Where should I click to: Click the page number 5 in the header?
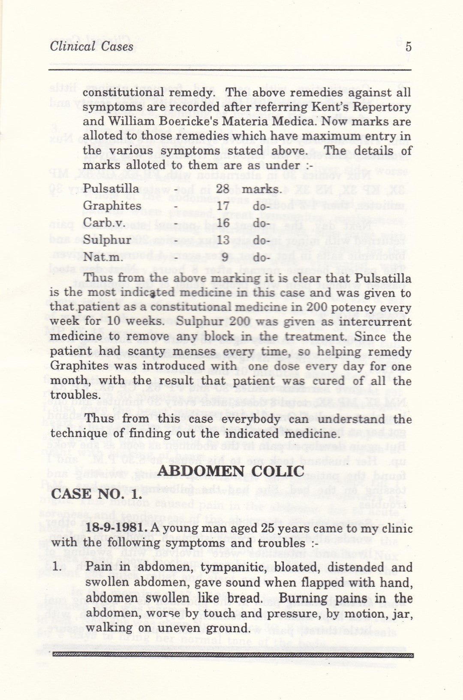(408, 47)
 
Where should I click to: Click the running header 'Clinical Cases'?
(91, 46)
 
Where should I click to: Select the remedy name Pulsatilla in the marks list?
(111, 189)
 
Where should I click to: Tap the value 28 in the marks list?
(223, 189)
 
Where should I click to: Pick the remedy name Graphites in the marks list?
(111, 206)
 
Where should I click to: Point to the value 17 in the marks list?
(223, 206)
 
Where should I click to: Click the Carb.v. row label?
(100, 223)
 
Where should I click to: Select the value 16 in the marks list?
(223, 223)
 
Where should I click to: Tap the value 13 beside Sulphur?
(223, 240)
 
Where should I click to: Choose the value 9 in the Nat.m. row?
(224, 258)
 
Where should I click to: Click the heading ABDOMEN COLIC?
(231, 471)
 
